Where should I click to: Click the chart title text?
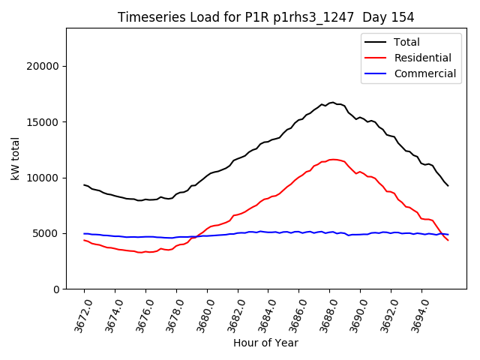[266, 17]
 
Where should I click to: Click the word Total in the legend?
[407, 42]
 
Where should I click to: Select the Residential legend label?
[422, 58]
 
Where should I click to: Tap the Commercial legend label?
[425, 73]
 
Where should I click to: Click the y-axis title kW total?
[16, 158]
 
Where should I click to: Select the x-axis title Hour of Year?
[265, 343]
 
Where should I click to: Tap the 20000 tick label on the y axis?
[43, 66]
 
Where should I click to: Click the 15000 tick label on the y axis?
[43, 122]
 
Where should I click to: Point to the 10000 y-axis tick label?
[43, 178]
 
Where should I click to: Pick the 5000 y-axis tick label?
[46, 233]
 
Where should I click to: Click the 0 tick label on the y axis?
[55, 289]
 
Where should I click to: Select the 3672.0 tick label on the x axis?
[79, 315]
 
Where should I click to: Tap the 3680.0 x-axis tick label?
[202, 315]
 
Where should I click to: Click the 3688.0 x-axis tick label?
[325, 315]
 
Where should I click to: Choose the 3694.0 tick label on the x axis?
[417, 315]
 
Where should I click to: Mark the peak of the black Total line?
[331, 102]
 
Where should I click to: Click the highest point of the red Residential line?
[332, 159]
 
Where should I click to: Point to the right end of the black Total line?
[448, 186]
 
